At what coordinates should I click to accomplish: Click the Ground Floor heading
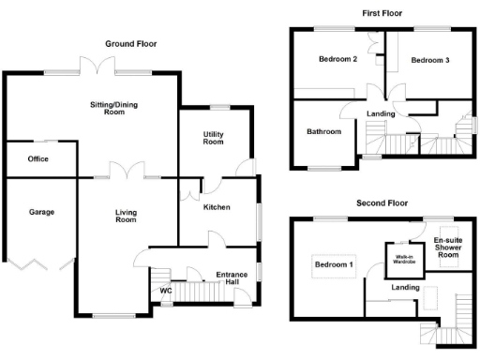(130, 44)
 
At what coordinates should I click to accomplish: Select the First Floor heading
(383, 13)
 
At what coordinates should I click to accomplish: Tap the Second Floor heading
(382, 202)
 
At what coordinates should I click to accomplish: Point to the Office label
(38, 159)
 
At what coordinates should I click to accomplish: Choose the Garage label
(41, 212)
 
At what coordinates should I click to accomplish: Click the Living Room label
(126, 217)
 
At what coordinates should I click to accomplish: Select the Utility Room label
(214, 138)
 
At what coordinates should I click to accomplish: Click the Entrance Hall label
(232, 277)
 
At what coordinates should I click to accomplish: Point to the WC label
(166, 291)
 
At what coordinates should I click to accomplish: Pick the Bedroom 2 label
(337, 60)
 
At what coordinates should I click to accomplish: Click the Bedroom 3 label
(430, 60)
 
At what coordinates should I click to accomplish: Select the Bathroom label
(324, 132)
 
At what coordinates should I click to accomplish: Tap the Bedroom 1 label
(334, 264)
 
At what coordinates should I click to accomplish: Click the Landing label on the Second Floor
(406, 287)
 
